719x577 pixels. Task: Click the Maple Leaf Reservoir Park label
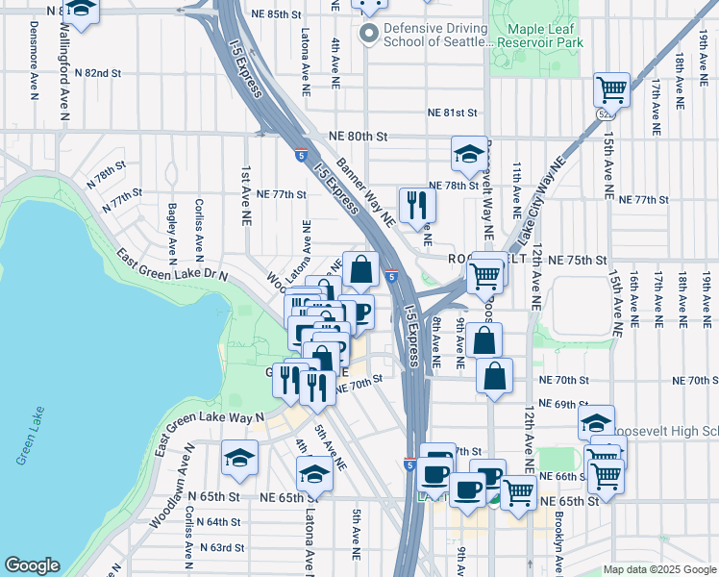pyautogui.click(x=545, y=36)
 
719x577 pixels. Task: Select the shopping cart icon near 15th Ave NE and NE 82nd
pyautogui.click(x=611, y=90)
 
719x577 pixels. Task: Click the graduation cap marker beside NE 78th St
pyautogui.click(x=468, y=154)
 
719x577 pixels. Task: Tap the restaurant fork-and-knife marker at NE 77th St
pyautogui.click(x=417, y=205)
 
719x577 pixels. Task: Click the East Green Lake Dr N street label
pyautogui.click(x=172, y=266)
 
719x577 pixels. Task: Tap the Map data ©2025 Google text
pyautogui.click(x=658, y=569)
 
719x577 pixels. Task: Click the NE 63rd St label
pyautogui.click(x=222, y=547)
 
